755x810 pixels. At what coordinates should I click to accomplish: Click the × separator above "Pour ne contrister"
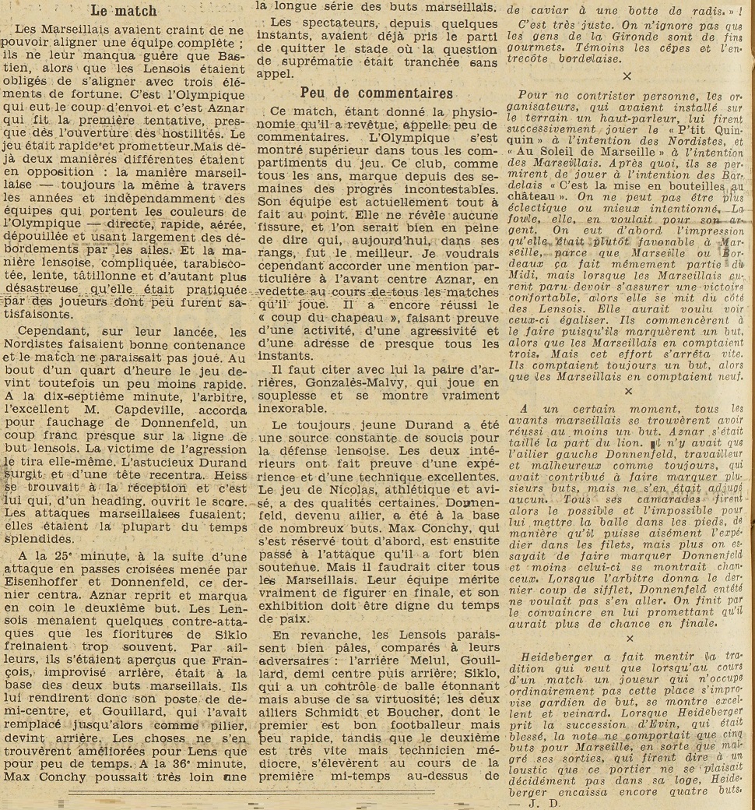[627, 76]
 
